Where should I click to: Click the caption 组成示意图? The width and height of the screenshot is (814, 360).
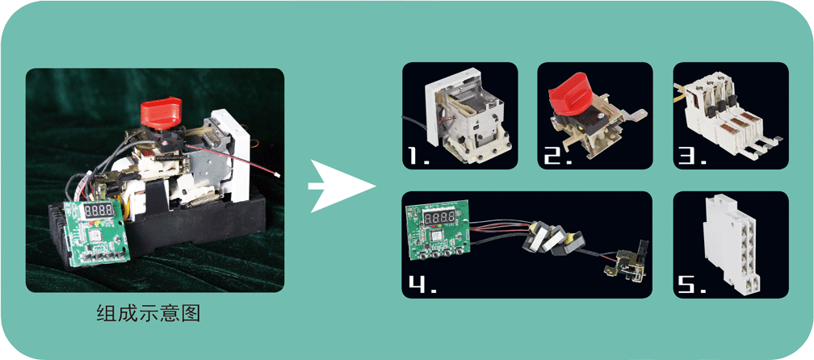click(149, 313)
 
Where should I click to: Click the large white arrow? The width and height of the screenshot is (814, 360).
click(341, 186)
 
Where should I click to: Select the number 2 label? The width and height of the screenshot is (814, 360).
click(557, 155)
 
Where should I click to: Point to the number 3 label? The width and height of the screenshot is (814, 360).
click(693, 155)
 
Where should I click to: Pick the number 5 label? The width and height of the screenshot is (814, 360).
click(693, 284)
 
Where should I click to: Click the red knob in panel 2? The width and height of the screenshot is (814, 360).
click(569, 94)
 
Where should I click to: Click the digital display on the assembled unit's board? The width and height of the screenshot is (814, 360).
click(99, 211)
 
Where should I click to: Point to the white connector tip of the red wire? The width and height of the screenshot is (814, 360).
click(279, 175)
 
